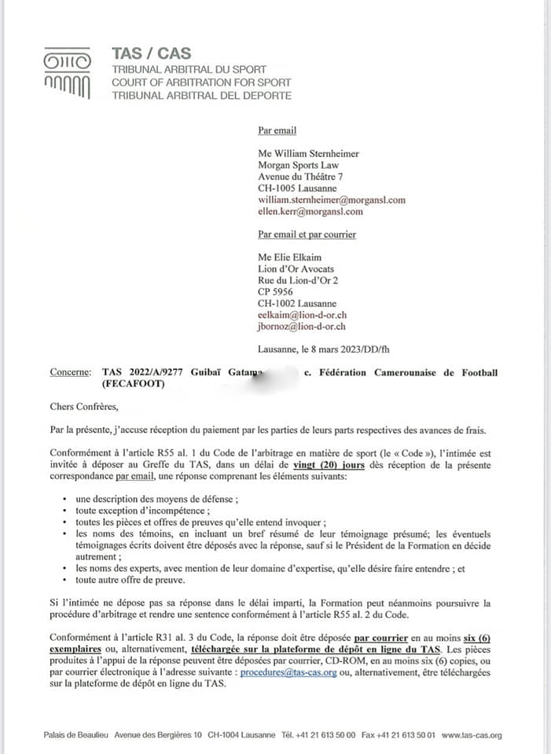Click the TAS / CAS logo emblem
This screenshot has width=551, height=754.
click(67, 72)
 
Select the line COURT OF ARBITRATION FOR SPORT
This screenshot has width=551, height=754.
click(201, 82)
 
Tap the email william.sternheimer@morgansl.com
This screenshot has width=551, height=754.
click(331, 200)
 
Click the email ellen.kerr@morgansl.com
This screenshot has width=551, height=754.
click(310, 212)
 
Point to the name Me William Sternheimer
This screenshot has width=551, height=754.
click(309, 154)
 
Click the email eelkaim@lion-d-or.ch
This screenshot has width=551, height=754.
click(302, 315)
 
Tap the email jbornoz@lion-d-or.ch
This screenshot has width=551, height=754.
click(302, 327)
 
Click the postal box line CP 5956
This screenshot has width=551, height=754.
click(275, 291)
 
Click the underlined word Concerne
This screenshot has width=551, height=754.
click(69, 372)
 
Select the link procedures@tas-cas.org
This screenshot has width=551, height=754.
click(288, 672)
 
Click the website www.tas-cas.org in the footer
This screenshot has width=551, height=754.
click(472, 735)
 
